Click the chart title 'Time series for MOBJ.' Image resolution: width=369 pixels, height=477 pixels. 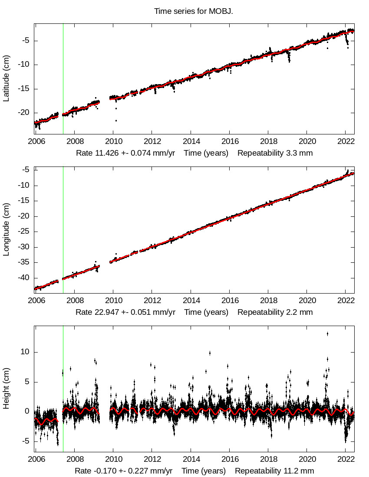tap(194, 11)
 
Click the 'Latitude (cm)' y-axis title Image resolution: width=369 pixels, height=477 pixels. tap(7, 78)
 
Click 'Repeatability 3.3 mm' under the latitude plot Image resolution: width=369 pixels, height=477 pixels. tap(275, 153)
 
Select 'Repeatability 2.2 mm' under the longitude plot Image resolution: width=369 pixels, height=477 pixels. tap(275, 312)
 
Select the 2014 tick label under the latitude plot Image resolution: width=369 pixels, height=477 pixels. tap(191, 141)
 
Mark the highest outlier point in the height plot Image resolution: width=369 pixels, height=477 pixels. tap(327, 333)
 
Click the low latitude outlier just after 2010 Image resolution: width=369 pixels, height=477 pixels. tap(116, 120)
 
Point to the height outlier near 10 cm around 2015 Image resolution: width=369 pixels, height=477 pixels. tap(210, 353)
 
